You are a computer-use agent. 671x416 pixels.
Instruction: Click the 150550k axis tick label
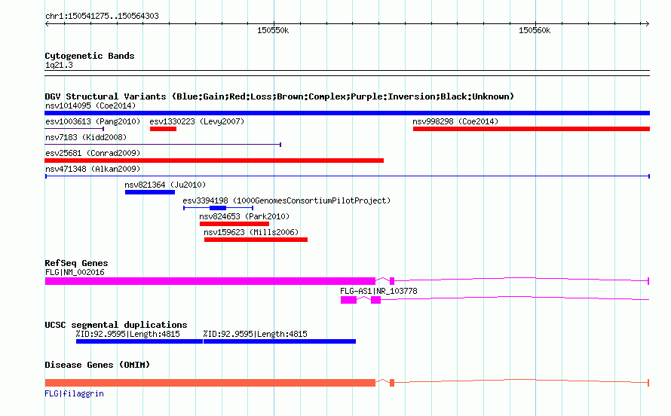point(273,30)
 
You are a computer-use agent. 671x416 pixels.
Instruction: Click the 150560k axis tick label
point(535,30)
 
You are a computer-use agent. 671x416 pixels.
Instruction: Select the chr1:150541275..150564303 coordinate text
point(102,16)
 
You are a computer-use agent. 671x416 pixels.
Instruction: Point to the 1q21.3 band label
point(59,65)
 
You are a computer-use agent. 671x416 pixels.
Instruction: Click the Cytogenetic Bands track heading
point(90,56)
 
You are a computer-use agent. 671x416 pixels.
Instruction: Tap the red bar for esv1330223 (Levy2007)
point(163,129)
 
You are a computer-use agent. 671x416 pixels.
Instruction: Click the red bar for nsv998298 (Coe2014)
point(532,129)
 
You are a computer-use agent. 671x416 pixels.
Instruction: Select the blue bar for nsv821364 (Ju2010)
point(150,192)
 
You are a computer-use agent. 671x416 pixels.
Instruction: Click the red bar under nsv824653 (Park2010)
point(234,224)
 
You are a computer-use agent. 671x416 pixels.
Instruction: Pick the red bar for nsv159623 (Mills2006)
point(256,240)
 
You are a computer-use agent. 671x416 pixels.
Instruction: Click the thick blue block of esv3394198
point(218,208)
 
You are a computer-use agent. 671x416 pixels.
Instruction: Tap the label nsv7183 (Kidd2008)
point(86,137)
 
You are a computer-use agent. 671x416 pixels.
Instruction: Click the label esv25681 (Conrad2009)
point(93,153)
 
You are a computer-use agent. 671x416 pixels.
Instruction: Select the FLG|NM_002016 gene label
point(75,272)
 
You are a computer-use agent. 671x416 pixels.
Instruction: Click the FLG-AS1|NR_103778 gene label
point(378,291)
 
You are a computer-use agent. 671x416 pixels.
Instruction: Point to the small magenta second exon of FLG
point(392,281)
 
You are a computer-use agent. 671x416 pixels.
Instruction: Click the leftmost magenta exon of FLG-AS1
point(349,300)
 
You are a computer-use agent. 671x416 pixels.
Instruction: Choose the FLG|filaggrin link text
point(74,393)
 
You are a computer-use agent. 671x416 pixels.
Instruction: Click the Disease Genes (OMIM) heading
point(97,365)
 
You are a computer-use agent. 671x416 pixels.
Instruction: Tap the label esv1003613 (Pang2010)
point(93,121)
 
